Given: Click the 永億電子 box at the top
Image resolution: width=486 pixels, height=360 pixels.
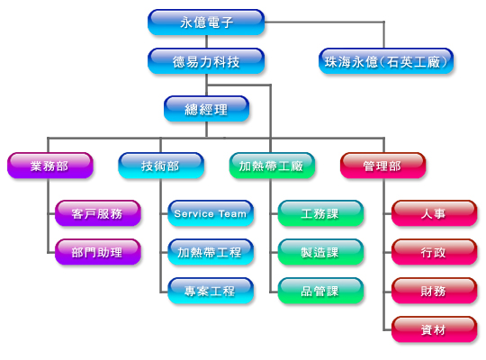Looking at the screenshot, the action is click(206, 22).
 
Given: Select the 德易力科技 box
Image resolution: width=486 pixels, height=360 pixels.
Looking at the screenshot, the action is click(206, 61).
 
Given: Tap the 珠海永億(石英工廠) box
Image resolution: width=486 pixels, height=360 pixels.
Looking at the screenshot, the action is click(386, 61).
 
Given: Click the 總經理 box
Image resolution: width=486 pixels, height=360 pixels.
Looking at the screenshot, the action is click(206, 109).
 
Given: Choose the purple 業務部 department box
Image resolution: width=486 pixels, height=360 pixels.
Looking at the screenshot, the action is click(49, 166).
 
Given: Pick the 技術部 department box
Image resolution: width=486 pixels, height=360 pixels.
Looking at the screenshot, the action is click(161, 166).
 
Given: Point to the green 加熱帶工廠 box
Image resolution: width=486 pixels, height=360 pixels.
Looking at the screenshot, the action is click(272, 166).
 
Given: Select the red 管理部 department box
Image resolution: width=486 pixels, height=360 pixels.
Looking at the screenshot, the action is click(382, 166).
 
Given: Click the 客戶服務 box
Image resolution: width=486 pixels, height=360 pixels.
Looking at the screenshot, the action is click(98, 213).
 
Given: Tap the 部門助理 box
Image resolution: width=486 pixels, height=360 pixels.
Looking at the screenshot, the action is click(98, 252).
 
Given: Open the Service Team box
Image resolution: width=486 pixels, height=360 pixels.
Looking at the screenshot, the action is click(211, 213).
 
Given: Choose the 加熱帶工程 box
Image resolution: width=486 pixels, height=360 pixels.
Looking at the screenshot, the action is click(211, 252).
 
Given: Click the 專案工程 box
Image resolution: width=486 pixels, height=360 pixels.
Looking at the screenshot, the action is click(211, 291).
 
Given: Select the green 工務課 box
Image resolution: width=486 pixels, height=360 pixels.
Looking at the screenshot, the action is click(320, 213).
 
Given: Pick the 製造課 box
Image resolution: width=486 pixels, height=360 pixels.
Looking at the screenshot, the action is click(320, 252).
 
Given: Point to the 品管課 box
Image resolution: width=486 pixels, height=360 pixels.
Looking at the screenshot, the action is click(320, 291).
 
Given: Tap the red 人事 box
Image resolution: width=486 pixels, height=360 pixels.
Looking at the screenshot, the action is click(434, 213).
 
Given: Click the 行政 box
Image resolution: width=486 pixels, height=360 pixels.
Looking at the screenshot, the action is click(434, 252).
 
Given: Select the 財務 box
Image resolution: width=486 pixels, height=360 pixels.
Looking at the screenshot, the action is click(434, 291).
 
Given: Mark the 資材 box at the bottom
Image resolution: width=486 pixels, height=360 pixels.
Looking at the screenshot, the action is click(434, 329).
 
